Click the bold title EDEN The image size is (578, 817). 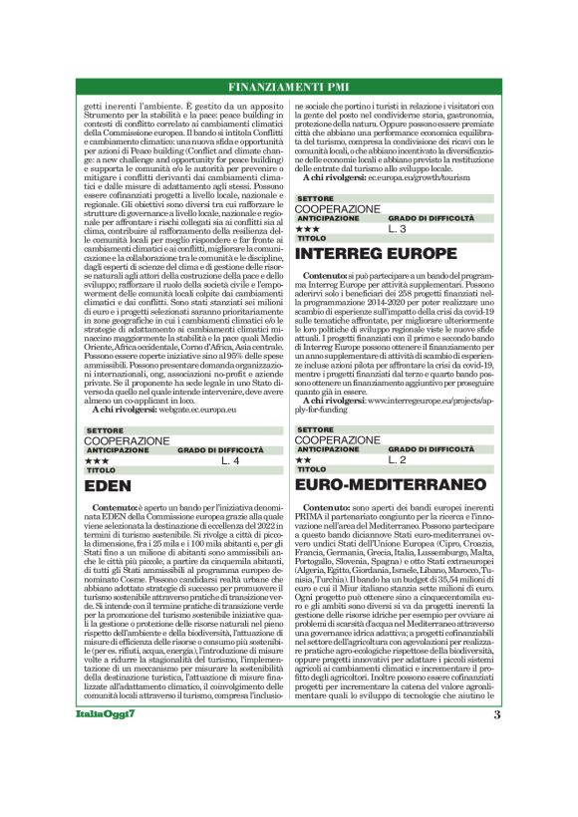(x=104, y=487)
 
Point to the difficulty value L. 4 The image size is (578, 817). (x=229, y=460)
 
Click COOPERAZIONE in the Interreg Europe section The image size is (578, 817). (x=338, y=209)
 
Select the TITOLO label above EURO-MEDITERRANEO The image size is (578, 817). (x=311, y=469)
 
